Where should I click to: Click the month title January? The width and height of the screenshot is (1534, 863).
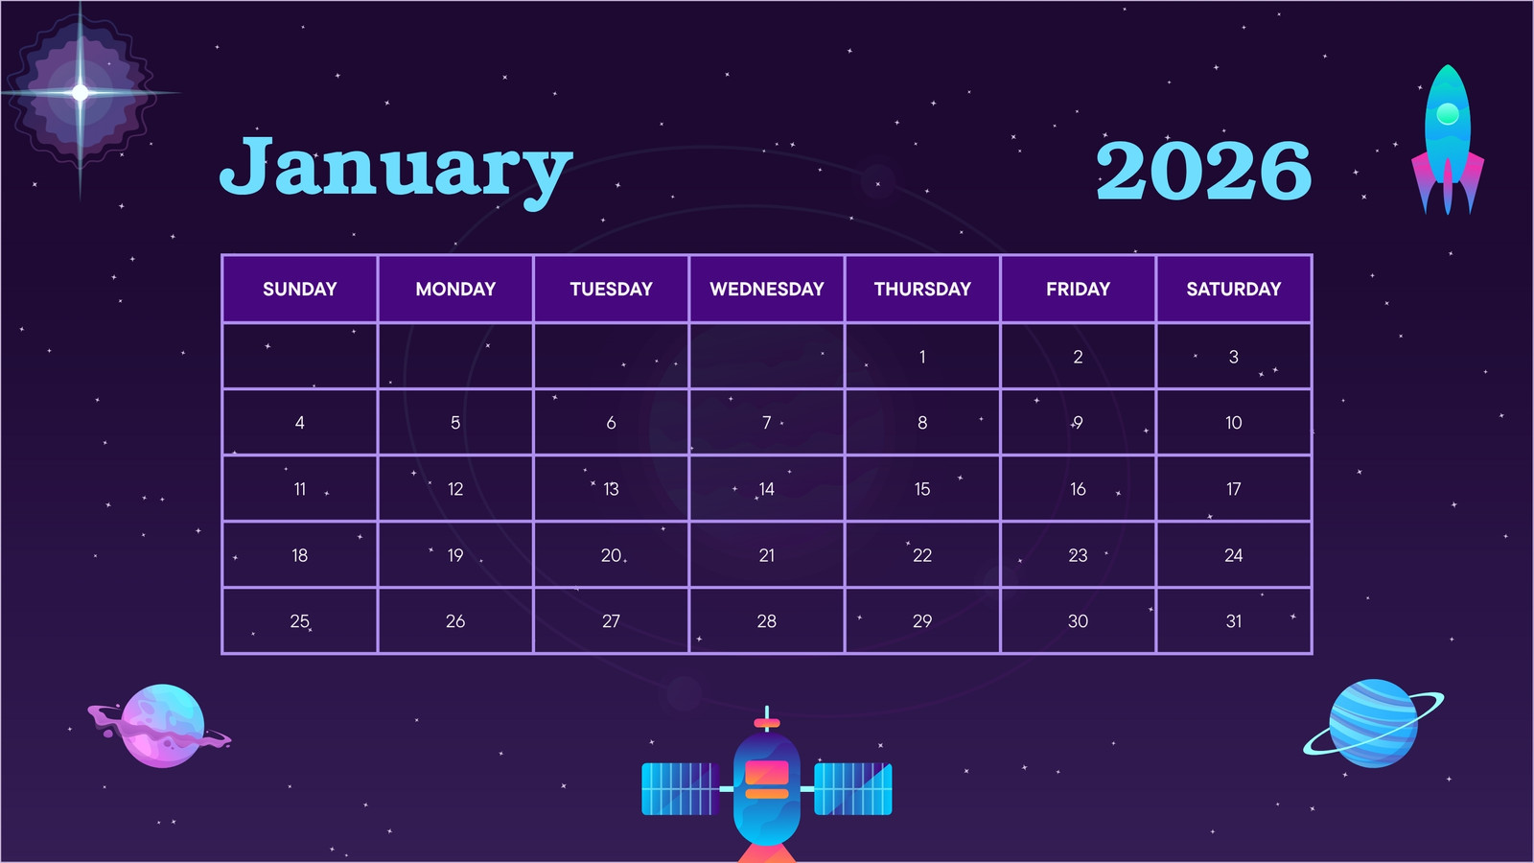pos(396,171)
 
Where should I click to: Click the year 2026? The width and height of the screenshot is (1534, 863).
pos(1203,171)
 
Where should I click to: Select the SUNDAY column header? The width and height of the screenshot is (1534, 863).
pos(300,289)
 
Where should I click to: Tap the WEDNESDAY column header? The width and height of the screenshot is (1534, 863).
pos(767,289)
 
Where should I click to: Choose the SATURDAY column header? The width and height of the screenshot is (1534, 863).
pos(1233,289)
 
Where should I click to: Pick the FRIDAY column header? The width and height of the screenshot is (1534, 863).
pos(1078,289)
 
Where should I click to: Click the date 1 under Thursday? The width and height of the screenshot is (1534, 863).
pos(922,357)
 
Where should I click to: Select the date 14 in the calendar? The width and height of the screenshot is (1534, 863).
pos(766,489)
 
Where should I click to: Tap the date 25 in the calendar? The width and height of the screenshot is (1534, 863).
pos(300,621)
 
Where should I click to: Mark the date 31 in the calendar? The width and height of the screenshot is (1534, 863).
pos(1233,621)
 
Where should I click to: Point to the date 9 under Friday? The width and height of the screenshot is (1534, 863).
pos(1078,423)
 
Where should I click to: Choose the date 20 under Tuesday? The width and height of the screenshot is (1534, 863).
pos(611,555)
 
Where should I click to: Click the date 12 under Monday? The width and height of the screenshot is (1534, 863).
pos(455,489)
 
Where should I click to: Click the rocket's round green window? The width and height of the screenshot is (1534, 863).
pos(1447,114)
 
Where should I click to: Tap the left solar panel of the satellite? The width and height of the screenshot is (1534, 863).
pos(680,789)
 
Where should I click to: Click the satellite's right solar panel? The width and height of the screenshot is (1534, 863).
pos(853,789)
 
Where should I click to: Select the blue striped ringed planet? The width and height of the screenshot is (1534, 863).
pos(1373,723)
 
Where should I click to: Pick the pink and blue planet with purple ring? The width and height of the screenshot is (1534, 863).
pos(162,725)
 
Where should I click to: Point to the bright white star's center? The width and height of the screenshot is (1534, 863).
pos(81,92)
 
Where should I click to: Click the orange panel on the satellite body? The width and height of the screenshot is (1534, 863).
pos(767,772)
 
